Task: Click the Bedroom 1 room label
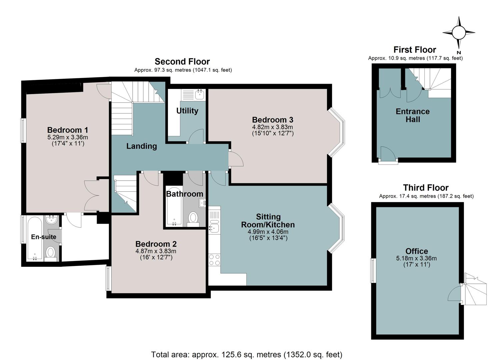tap(67, 130)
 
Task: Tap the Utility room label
tap(187, 111)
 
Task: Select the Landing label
tap(142, 146)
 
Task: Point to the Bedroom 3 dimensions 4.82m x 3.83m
tap(272, 127)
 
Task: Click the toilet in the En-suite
tap(51, 253)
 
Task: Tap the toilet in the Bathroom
tap(193, 219)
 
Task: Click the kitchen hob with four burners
tap(214, 260)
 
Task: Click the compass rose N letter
tap(459, 53)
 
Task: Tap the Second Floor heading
tap(182, 61)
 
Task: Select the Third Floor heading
tap(426, 188)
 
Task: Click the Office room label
tap(417, 251)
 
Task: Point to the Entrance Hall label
tap(413, 115)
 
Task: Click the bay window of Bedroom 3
tap(336, 132)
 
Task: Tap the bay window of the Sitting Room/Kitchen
tap(336, 228)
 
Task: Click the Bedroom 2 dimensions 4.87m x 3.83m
tap(156, 251)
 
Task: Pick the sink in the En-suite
tap(52, 219)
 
